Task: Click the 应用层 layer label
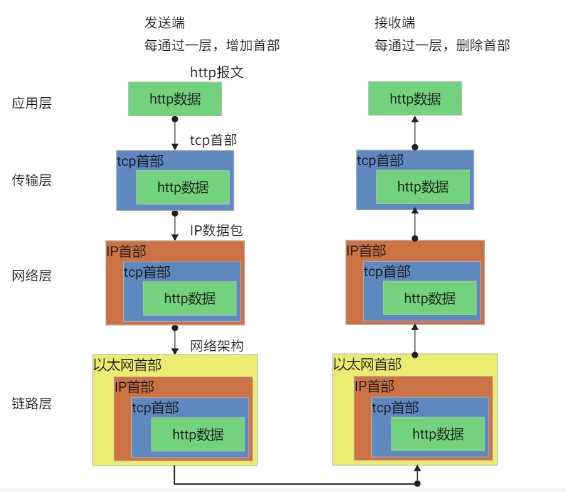click(31, 104)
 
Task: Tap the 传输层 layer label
click(31, 181)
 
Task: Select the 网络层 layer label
click(31, 276)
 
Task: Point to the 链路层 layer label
click(31, 404)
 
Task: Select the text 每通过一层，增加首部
click(212, 45)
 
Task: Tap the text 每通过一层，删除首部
click(442, 45)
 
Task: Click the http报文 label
click(217, 73)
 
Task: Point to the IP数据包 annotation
click(217, 230)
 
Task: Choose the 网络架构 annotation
click(217, 346)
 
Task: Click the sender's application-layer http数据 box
click(175, 99)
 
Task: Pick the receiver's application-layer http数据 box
click(415, 99)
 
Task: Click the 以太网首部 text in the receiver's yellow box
click(367, 365)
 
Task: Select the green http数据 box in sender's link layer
click(198, 434)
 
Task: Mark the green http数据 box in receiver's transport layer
click(423, 186)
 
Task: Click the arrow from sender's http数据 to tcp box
click(175, 133)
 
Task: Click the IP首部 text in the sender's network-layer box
click(126, 252)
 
